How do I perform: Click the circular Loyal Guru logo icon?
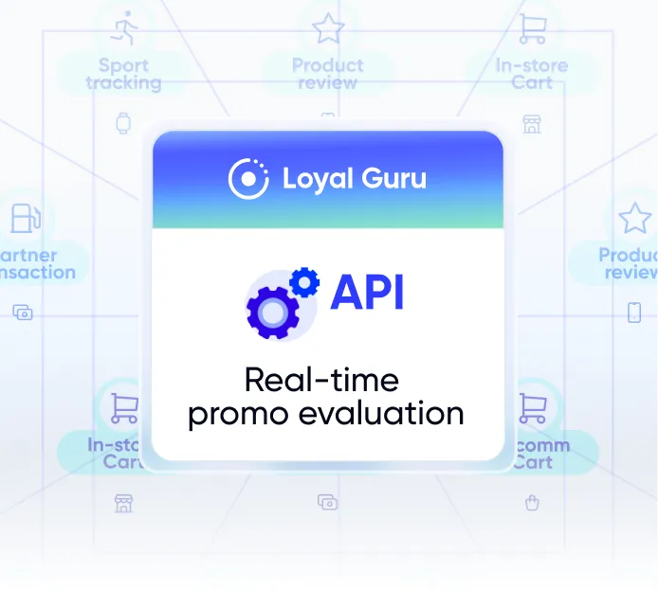[248, 178]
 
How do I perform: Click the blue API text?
[367, 293]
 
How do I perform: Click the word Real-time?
[321, 381]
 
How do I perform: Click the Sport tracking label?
[123, 74]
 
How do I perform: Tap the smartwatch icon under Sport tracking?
[123, 123]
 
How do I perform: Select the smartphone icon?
[634, 312]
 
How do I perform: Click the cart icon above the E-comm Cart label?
[532, 408]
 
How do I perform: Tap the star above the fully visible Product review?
[327, 28]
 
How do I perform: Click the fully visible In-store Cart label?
[531, 74]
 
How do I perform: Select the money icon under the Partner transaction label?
[23, 312]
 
